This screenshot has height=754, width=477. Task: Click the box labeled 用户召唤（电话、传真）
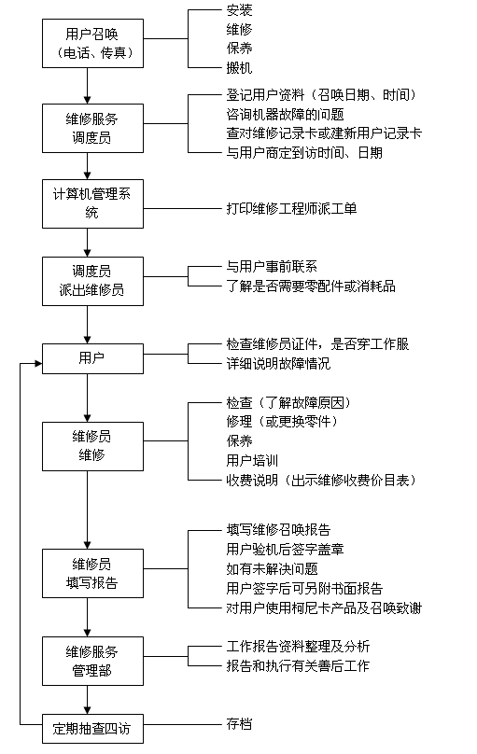(x=92, y=43)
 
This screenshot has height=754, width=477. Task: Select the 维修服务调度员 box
(x=92, y=129)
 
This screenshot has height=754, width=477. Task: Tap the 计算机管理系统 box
(x=92, y=203)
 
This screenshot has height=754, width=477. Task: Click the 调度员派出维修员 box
(x=92, y=281)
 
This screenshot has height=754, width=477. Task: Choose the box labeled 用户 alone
(x=92, y=358)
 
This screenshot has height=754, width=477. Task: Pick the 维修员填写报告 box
(x=92, y=574)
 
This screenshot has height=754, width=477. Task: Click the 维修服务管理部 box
(x=92, y=662)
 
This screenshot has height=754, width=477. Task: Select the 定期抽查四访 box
(x=92, y=729)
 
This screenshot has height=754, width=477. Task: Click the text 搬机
(x=239, y=68)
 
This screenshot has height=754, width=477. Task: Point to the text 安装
(x=239, y=9)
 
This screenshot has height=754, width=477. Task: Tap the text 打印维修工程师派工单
(x=291, y=209)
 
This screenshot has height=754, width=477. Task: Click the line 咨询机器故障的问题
(x=285, y=115)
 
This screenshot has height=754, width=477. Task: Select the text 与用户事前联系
(x=272, y=267)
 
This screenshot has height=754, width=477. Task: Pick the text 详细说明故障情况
(x=278, y=364)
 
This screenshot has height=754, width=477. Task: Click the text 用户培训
(x=252, y=461)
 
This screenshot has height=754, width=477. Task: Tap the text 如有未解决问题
(x=272, y=569)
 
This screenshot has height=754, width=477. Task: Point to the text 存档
(x=239, y=724)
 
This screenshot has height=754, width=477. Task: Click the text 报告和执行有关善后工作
(x=298, y=666)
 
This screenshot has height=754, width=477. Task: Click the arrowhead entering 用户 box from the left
(x=38, y=364)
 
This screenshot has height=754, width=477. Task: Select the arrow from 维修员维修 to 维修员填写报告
(x=88, y=510)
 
